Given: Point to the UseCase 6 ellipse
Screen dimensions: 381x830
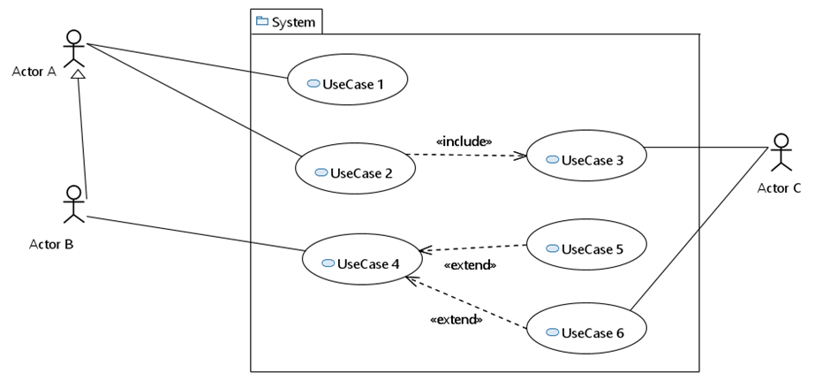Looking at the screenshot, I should (587, 331).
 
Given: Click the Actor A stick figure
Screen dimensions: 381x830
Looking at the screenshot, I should (73, 50).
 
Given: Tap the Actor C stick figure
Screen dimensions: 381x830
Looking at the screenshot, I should (780, 152).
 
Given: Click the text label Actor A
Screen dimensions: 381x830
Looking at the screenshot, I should (34, 72).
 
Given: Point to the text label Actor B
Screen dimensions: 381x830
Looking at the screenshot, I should (51, 244).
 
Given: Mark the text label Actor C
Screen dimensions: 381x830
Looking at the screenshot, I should (779, 187).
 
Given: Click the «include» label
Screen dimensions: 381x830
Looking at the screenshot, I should (464, 141).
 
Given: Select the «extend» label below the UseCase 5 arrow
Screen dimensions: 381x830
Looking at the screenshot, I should (470, 264).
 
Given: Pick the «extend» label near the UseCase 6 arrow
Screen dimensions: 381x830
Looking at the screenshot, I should (456, 319).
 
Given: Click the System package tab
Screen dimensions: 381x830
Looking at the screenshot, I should (286, 22).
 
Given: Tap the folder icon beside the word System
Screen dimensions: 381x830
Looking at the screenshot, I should (261, 21).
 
